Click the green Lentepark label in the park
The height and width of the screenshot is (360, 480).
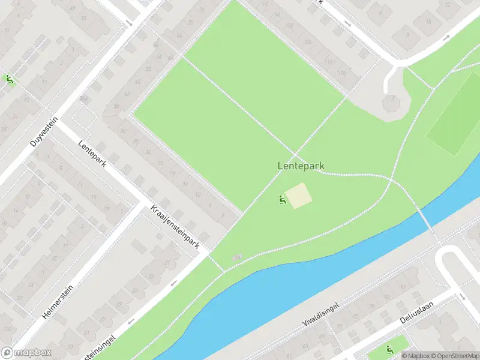coord(305,165)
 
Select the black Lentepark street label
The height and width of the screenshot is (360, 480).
coord(92,154)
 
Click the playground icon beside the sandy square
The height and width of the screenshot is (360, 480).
coord(281,200)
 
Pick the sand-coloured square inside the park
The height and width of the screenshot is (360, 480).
coord(298,196)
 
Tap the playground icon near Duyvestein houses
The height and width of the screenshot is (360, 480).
coord(9,79)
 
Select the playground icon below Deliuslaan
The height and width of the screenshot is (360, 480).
coord(389,350)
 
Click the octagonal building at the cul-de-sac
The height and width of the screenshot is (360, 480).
coord(391,103)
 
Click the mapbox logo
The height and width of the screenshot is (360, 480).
coord(26,353)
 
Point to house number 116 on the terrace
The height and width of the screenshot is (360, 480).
coord(342,73)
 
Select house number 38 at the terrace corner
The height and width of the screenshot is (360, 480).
coord(116,107)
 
